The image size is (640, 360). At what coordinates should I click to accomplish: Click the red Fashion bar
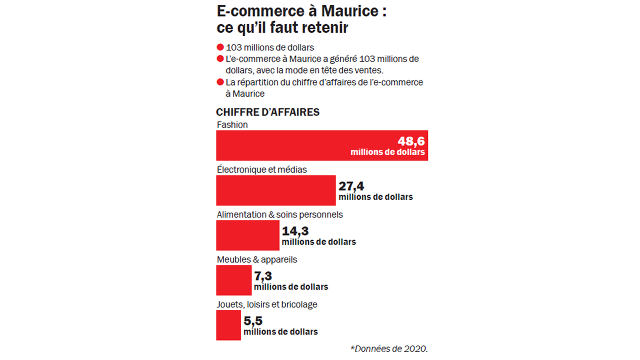click(300, 145)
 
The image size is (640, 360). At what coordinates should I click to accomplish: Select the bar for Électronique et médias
click(275, 190)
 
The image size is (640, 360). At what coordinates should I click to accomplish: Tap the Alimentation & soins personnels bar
click(247, 235)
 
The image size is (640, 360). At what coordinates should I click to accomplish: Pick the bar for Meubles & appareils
click(233, 280)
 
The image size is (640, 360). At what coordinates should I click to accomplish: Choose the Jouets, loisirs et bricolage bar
click(228, 325)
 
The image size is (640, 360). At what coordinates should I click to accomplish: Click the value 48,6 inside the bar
click(411, 141)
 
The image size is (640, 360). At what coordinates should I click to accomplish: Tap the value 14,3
click(295, 231)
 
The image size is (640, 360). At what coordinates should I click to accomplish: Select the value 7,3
click(262, 276)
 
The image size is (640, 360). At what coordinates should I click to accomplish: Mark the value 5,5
click(252, 321)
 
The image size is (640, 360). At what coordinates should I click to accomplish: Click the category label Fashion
click(232, 125)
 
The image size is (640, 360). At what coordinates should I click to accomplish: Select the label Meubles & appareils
click(256, 259)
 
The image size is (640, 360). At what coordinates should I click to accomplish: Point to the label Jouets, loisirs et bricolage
click(266, 304)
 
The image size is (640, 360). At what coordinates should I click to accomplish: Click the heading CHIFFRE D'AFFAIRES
click(267, 112)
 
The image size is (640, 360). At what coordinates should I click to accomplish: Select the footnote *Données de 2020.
click(388, 348)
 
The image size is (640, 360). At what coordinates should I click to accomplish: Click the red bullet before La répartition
click(219, 82)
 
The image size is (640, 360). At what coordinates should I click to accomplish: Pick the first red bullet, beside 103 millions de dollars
click(219, 48)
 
